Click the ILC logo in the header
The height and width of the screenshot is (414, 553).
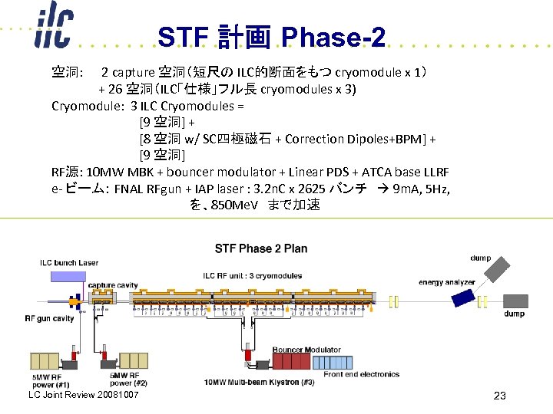click(53, 28)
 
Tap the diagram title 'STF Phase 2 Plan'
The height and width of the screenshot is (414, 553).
click(261, 248)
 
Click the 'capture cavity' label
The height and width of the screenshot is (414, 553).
click(113, 285)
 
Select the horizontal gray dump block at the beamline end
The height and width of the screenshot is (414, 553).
click(515, 301)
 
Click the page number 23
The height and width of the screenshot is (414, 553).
click(499, 396)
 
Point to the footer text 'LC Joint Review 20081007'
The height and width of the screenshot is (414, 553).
click(83, 395)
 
